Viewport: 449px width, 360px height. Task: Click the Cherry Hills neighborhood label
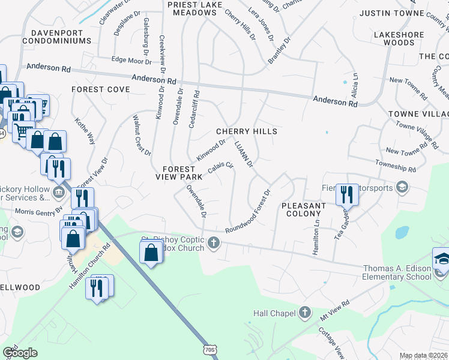pyautogui.click(x=246, y=131)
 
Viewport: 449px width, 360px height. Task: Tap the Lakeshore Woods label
pyautogui.click(x=398, y=39)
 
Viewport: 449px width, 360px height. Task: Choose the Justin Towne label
pyautogui.click(x=384, y=13)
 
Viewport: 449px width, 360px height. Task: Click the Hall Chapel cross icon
pyautogui.click(x=305, y=312)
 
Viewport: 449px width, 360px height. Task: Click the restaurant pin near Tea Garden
pyautogui.click(x=346, y=194)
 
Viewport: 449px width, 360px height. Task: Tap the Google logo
pyautogui.click(x=20, y=352)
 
